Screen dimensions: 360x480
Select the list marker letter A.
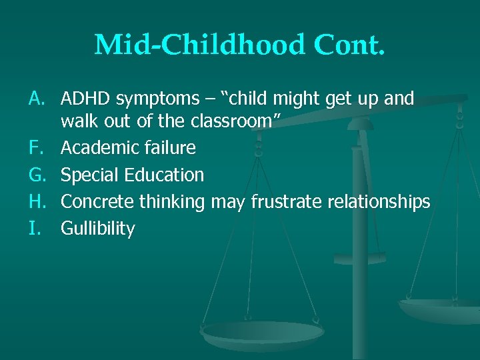tap(37, 99)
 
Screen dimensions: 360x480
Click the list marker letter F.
tap(37, 148)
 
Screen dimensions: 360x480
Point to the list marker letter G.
tap(37, 175)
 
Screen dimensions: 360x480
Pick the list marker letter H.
tap(37, 202)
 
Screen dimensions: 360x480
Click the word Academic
tap(98, 148)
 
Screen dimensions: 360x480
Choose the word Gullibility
tap(98, 229)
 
